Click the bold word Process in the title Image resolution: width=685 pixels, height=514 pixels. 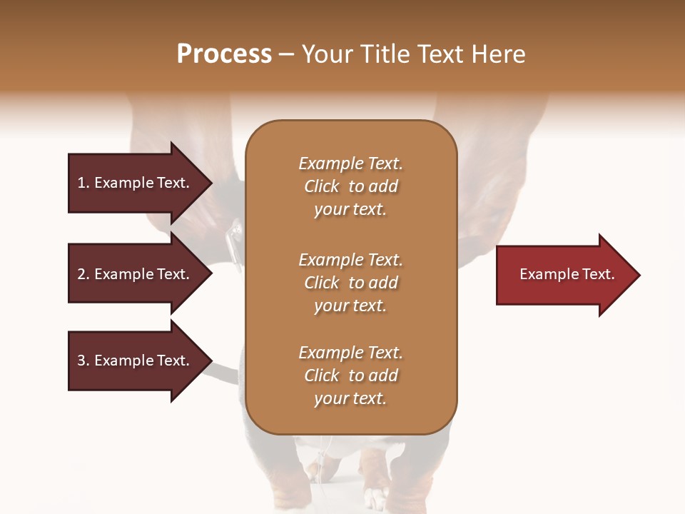tap(224, 54)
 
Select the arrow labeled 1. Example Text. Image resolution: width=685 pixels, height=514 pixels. tap(136, 183)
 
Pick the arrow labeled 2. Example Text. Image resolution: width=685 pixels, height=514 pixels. tap(136, 274)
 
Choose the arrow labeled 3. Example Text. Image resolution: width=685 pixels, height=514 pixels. tap(136, 361)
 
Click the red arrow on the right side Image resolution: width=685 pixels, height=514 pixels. tap(564, 275)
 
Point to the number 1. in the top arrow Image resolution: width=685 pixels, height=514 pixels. tap(83, 183)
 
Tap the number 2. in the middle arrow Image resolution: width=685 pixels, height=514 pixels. tap(83, 274)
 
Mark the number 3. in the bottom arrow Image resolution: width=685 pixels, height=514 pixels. tap(83, 361)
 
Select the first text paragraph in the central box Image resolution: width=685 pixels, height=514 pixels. tap(350, 186)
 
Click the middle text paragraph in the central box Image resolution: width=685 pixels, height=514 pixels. tap(350, 283)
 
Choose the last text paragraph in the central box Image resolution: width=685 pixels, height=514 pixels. tap(350, 376)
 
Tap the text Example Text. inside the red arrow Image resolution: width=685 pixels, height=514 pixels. tap(567, 274)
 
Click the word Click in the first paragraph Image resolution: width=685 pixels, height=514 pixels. tap(322, 186)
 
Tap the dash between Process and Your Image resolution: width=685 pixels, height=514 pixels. tap(286, 54)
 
